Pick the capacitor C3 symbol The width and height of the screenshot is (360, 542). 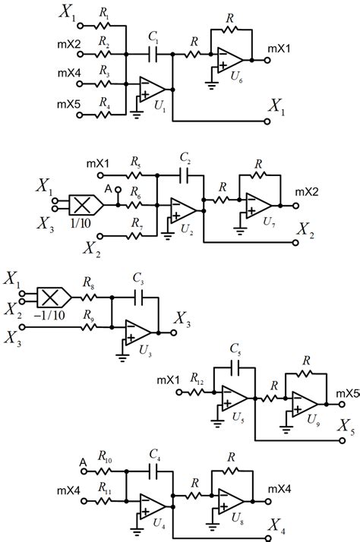[138, 297]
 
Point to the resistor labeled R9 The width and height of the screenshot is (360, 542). [90, 327]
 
